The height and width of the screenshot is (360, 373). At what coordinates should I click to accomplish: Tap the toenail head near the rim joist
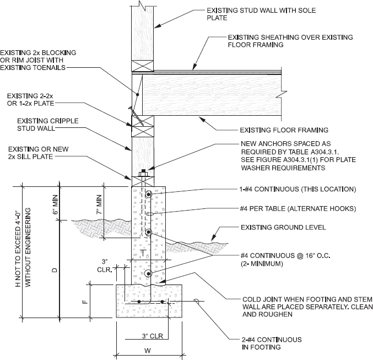tap(131, 109)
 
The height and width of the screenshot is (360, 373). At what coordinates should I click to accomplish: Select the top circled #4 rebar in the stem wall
tap(148, 195)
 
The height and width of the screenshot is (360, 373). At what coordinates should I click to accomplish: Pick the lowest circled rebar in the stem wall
tap(148, 274)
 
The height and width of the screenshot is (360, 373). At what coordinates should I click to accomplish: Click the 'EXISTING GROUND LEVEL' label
tap(283, 227)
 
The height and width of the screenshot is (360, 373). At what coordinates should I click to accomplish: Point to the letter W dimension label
tap(148, 350)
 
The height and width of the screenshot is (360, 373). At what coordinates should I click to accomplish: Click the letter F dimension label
tap(85, 302)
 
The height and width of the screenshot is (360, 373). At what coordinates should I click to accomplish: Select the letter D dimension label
tap(55, 270)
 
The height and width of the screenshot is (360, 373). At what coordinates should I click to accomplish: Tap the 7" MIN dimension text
tap(99, 205)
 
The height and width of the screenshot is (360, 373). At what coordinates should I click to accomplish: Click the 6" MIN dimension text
tap(55, 205)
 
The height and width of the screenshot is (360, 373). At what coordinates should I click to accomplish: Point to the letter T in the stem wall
tap(143, 253)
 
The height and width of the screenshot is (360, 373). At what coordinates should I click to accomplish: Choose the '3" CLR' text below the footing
tap(153, 336)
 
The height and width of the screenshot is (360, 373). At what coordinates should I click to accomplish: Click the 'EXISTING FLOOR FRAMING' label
tap(284, 130)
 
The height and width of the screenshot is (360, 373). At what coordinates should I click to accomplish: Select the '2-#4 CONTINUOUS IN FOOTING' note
tap(272, 343)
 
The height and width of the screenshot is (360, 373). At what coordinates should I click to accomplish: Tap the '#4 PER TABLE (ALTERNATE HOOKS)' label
tap(298, 209)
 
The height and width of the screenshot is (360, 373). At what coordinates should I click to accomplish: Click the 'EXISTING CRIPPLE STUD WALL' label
tap(48, 125)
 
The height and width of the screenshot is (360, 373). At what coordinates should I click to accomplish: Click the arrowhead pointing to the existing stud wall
tap(157, 26)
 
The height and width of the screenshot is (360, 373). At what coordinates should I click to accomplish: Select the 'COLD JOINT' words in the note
tap(260, 299)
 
